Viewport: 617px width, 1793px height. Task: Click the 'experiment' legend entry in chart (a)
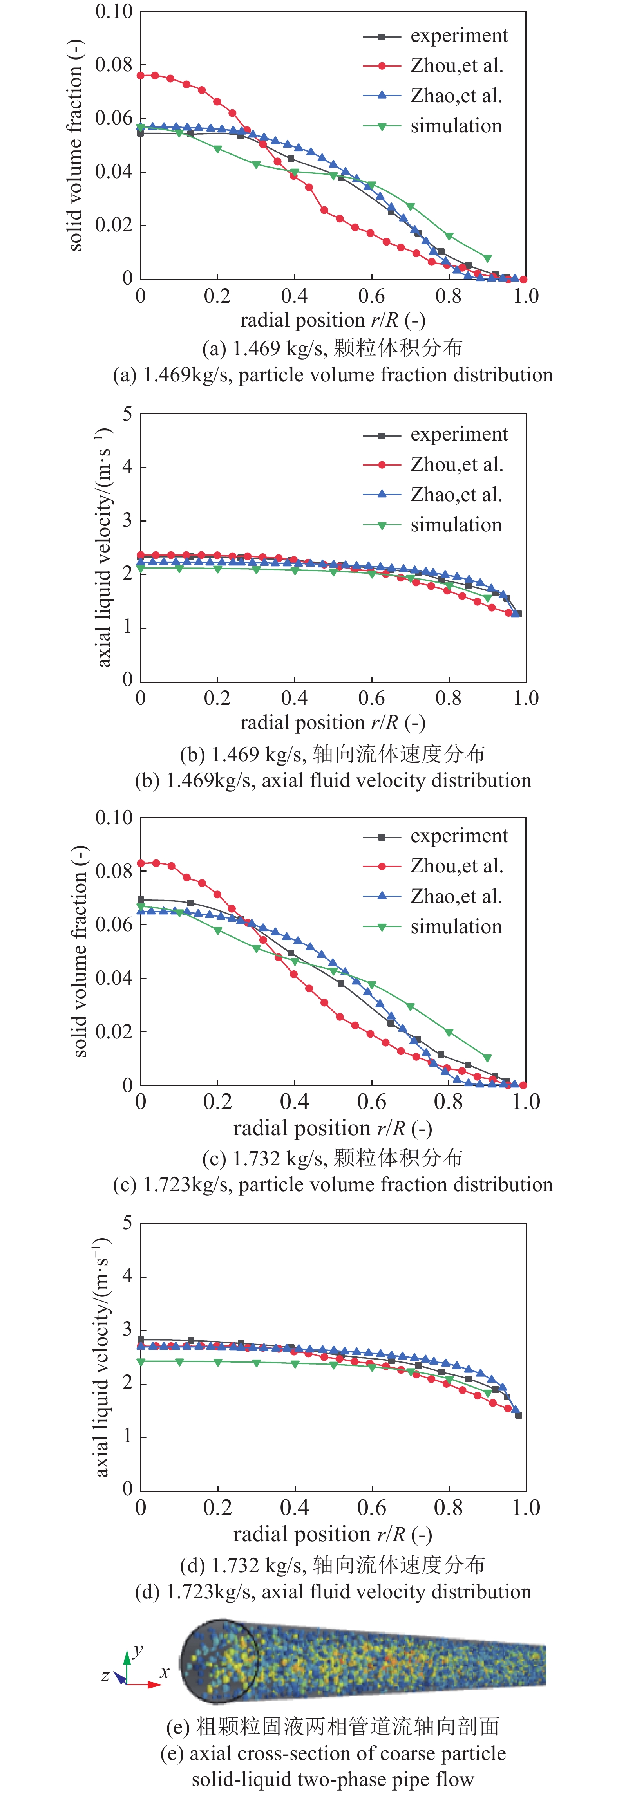coord(458,36)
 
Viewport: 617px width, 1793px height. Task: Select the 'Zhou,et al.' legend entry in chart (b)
coord(456,464)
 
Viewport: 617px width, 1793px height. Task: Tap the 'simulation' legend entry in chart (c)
coord(456,926)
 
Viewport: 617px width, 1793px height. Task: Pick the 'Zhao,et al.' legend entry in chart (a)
coord(456,96)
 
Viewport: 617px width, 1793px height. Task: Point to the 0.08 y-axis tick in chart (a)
coord(114,65)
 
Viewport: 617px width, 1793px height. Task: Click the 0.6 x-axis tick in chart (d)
coord(371,1508)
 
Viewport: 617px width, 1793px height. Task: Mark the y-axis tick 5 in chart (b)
coord(127,414)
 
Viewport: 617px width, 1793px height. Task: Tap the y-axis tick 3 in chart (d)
coord(127,1329)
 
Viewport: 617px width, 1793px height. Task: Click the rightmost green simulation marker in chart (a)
coord(487,258)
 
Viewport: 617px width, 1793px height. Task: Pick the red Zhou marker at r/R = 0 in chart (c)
coord(141,863)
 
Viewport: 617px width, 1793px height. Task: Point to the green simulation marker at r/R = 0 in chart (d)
coord(141,1361)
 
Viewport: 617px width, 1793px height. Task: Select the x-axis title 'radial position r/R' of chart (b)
coord(332,722)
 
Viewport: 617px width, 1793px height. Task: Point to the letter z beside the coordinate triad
coord(105,1676)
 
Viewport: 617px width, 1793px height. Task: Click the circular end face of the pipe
coord(219,1661)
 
